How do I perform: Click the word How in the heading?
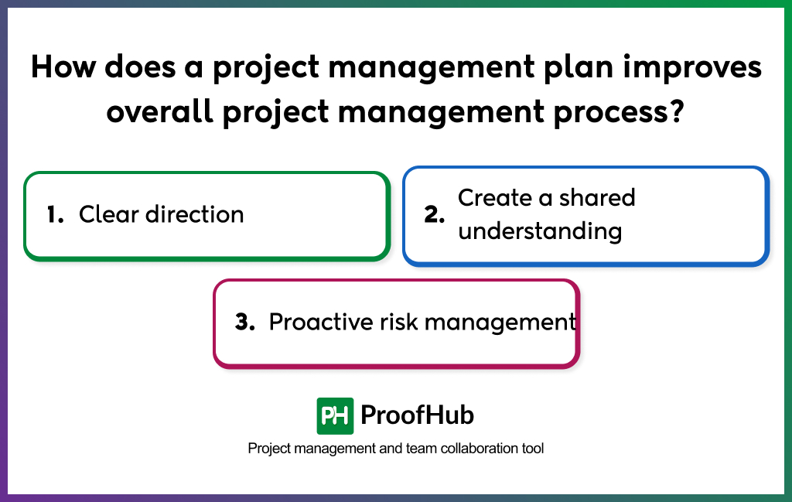tap(63, 67)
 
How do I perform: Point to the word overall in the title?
tap(159, 111)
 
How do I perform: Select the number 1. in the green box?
tap(56, 214)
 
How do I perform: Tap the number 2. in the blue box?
tap(435, 214)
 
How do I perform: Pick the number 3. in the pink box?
tap(245, 322)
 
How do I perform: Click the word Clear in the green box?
tap(108, 214)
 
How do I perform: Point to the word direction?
tap(195, 214)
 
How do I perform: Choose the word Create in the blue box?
tap(494, 197)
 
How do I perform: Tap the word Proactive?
tap(320, 322)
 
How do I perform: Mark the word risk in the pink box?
tap(399, 322)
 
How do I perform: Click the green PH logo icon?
tap(335, 416)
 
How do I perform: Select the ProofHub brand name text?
tap(417, 415)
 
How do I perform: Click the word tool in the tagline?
tap(532, 449)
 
